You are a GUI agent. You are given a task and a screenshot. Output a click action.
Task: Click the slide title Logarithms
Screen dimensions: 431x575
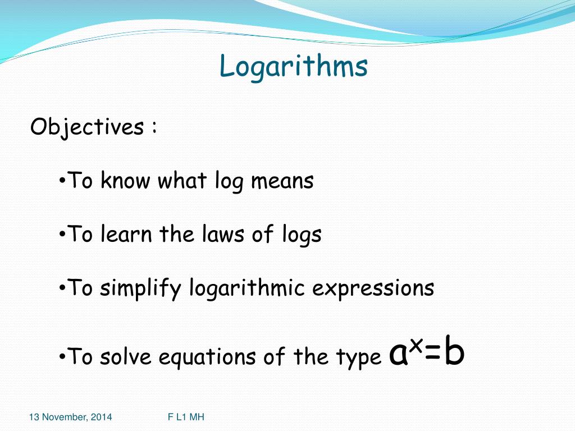(x=294, y=67)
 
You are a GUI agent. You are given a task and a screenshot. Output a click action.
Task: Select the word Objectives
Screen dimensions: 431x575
(x=86, y=127)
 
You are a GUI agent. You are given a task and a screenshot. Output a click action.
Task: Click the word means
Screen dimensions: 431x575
(x=282, y=181)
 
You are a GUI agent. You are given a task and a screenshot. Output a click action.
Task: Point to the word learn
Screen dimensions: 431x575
(x=126, y=234)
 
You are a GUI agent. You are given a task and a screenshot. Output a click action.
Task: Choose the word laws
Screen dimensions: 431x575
(x=223, y=234)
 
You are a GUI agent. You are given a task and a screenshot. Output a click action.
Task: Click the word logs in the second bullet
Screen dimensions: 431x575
(x=302, y=235)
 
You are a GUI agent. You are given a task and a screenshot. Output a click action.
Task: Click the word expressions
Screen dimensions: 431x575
(x=373, y=289)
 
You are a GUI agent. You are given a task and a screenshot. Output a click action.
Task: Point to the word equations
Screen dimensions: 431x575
(x=196, y=358)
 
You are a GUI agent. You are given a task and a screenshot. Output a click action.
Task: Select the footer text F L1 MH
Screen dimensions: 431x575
(x=186, y=417)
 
